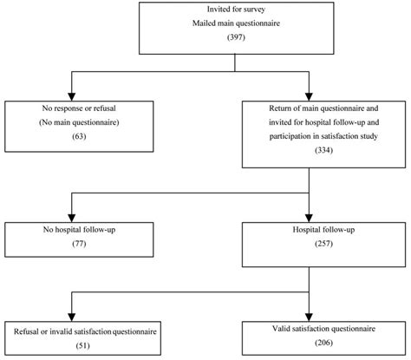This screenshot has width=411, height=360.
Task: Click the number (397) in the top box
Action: click(236, 37)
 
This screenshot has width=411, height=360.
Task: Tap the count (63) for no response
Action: click(79, 136)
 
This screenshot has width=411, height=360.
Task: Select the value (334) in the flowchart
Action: click(323, 150)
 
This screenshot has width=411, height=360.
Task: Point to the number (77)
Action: click(79, 244)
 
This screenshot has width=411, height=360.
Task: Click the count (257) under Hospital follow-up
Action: click(323, 244)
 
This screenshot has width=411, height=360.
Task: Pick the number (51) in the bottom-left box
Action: click(82, 345)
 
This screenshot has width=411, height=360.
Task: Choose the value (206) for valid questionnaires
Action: click(323, 343)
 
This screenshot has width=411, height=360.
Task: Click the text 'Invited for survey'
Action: click(236, 10)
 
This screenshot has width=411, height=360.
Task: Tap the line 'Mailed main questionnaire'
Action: click(236, 23)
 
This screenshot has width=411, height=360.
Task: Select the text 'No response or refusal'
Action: click(79, 108)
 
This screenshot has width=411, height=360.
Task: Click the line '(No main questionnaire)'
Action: click(79, 122)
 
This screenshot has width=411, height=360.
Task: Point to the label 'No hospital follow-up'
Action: click(79, 230)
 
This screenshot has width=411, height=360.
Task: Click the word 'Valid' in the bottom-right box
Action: click(281, 329)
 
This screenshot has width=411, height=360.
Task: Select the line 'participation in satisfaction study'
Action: click(323, 136)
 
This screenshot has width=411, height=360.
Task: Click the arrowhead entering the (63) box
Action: click(72, 97)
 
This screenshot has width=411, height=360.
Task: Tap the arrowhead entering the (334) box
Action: click(309, 97)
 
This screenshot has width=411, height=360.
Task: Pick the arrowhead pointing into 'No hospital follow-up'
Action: click(72, 218)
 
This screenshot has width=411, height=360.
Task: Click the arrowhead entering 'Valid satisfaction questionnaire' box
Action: click(309, 317)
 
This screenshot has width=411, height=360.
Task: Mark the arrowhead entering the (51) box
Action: click(72, 317)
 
